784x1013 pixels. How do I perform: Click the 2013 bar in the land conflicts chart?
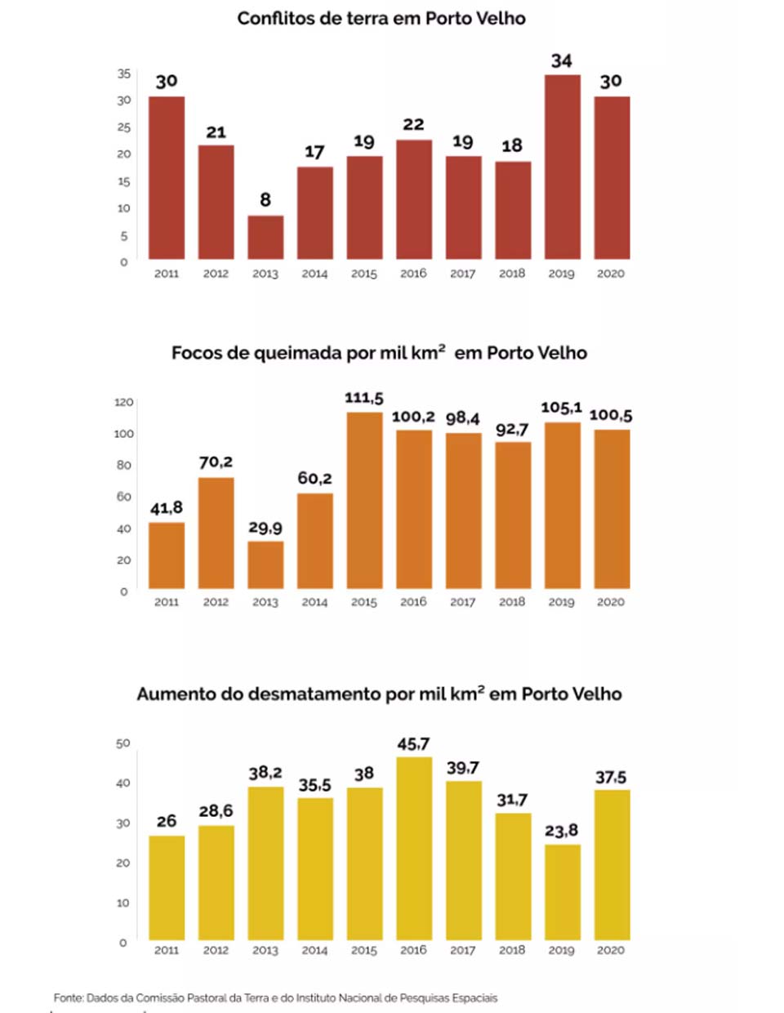pos(265,238)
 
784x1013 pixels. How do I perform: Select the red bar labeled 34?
pos(562,167)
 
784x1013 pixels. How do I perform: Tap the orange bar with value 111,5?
pos(364,500)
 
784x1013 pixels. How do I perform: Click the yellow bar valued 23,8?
pos(562,892)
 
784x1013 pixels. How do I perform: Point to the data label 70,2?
pos(216,462)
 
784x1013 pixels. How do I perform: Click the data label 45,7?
pos(413,744)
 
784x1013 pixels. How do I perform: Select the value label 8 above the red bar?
pos(265,200)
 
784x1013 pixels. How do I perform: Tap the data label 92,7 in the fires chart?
pos(512,430)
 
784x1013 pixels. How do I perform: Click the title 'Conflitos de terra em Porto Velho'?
pos(381,19)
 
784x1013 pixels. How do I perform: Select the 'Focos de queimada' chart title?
pos(379,353)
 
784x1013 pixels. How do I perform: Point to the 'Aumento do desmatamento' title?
pos(379,694)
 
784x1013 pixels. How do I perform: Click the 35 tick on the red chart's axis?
pos(123,74)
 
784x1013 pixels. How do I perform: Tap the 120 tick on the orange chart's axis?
pos(123,402)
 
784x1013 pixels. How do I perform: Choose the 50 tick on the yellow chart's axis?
pos(123,743)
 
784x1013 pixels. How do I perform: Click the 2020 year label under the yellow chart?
pos(611,950)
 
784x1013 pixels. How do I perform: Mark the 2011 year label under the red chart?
pos(167,274)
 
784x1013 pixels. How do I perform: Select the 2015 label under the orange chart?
pos(364,602)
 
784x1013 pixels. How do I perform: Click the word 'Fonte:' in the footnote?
pos(68,997)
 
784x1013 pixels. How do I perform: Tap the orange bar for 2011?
pos(167,556)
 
